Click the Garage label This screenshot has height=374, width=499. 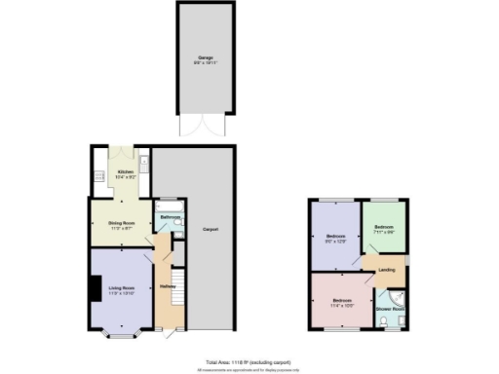pos(206,58)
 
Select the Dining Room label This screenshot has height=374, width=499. pos(121,224)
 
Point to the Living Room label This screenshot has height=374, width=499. pos(121,287)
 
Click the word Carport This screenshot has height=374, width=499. pos(210,230)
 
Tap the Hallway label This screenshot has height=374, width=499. pos(166,286)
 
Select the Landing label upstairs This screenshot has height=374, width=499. pos(386,270)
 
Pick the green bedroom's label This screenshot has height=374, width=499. pos(384,229)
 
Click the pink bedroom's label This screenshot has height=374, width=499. pos(342,301)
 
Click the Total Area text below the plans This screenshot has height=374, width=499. pos(249,360)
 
